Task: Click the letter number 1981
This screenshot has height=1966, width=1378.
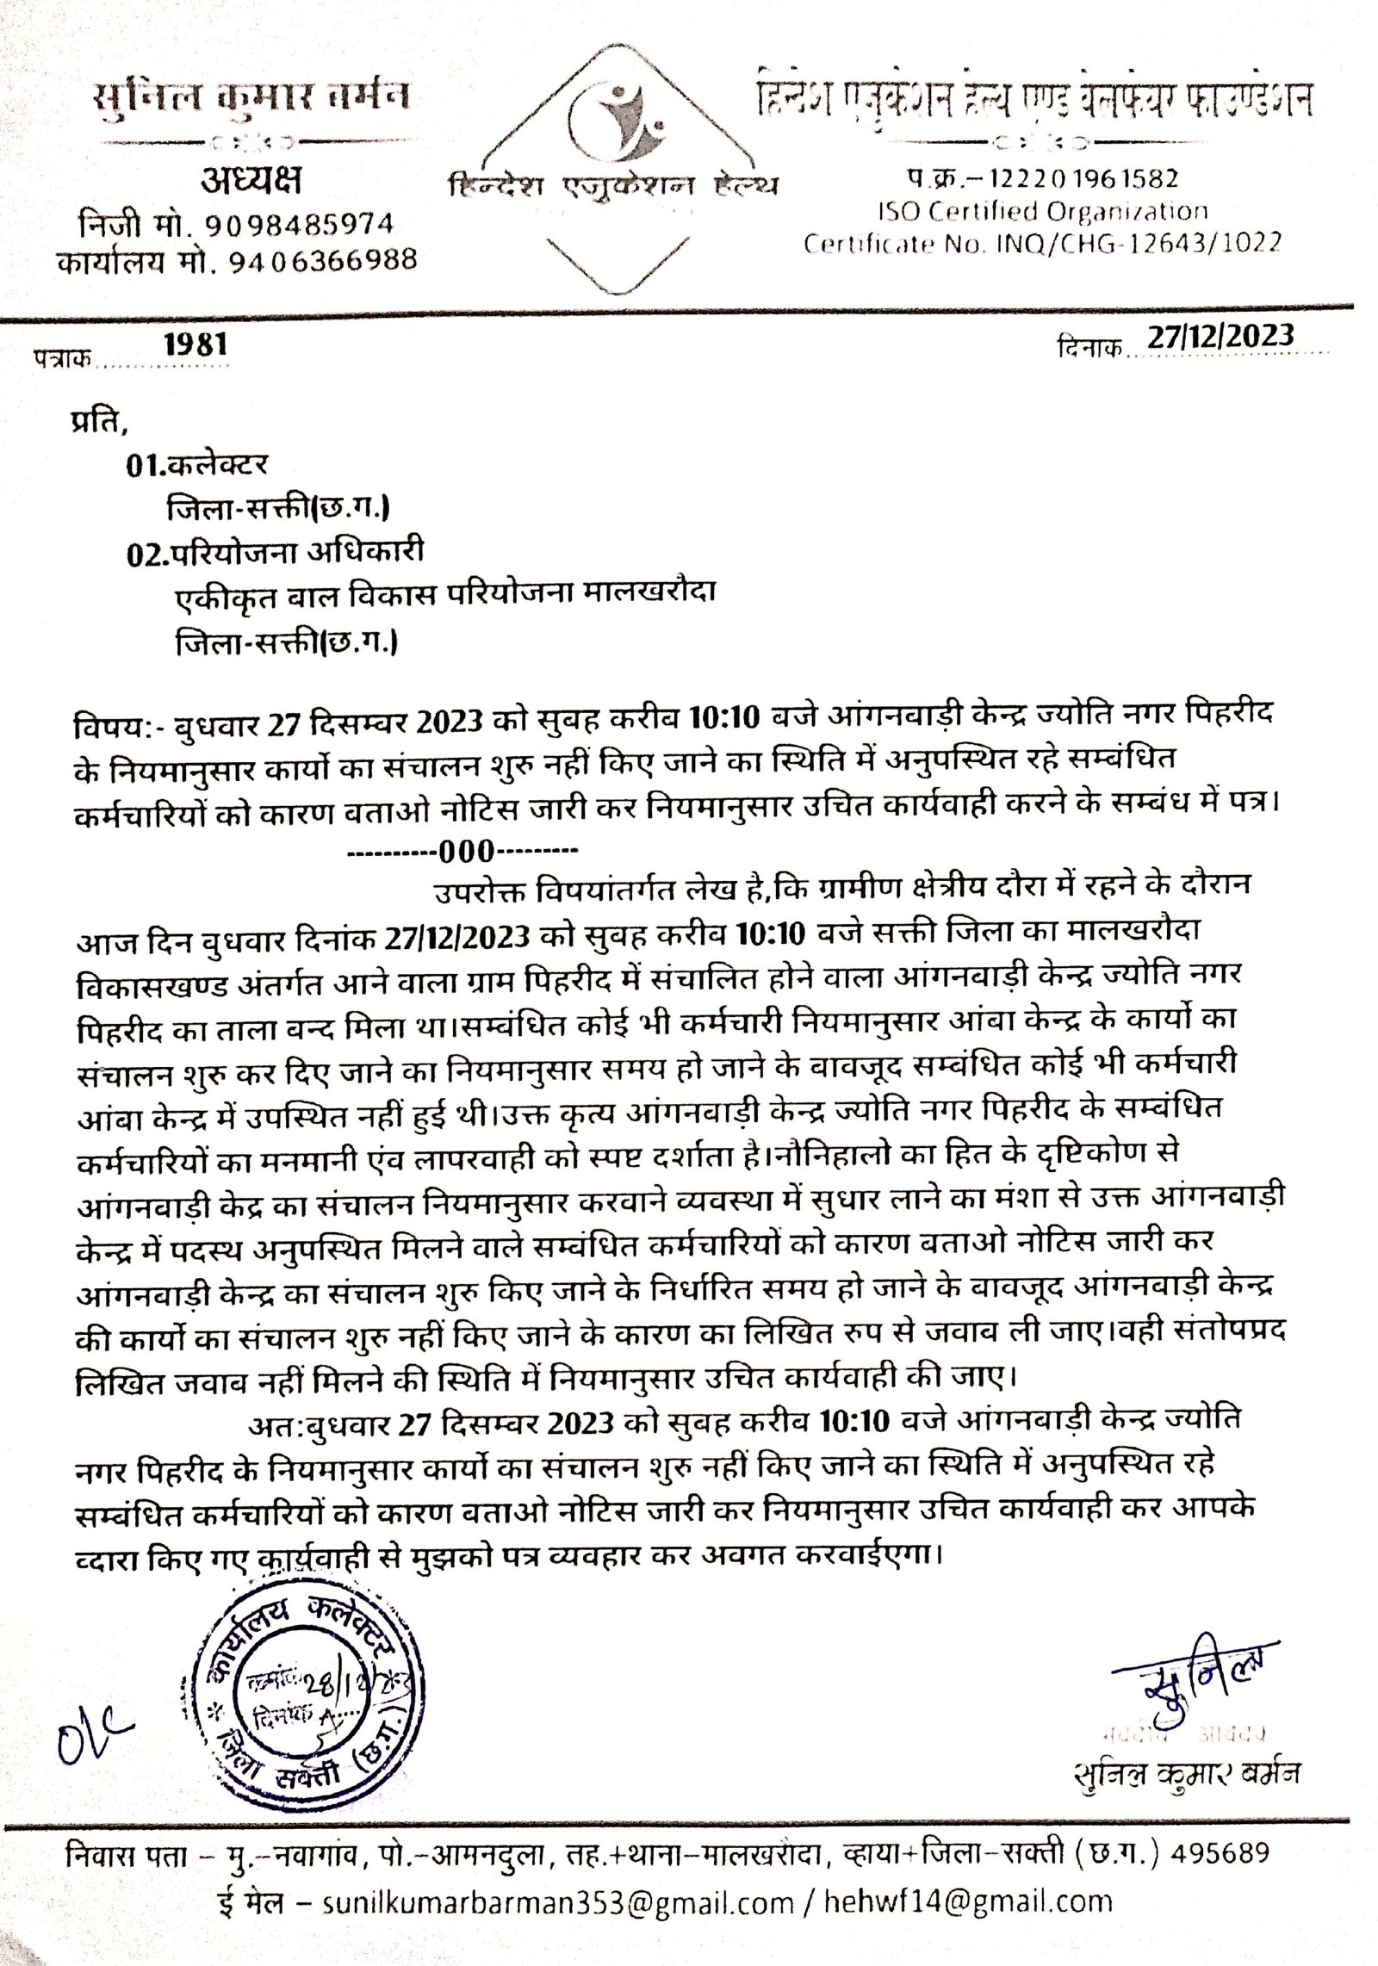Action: (196, 345)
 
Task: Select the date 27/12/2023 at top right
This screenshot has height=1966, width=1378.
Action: (1221, 337)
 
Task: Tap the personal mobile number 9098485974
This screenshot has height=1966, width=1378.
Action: (298, 225)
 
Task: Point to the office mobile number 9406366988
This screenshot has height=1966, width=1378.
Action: (322, 259)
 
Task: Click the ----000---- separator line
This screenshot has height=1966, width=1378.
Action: (462, 853)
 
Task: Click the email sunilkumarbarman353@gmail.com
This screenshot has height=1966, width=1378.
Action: (558, 1925)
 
